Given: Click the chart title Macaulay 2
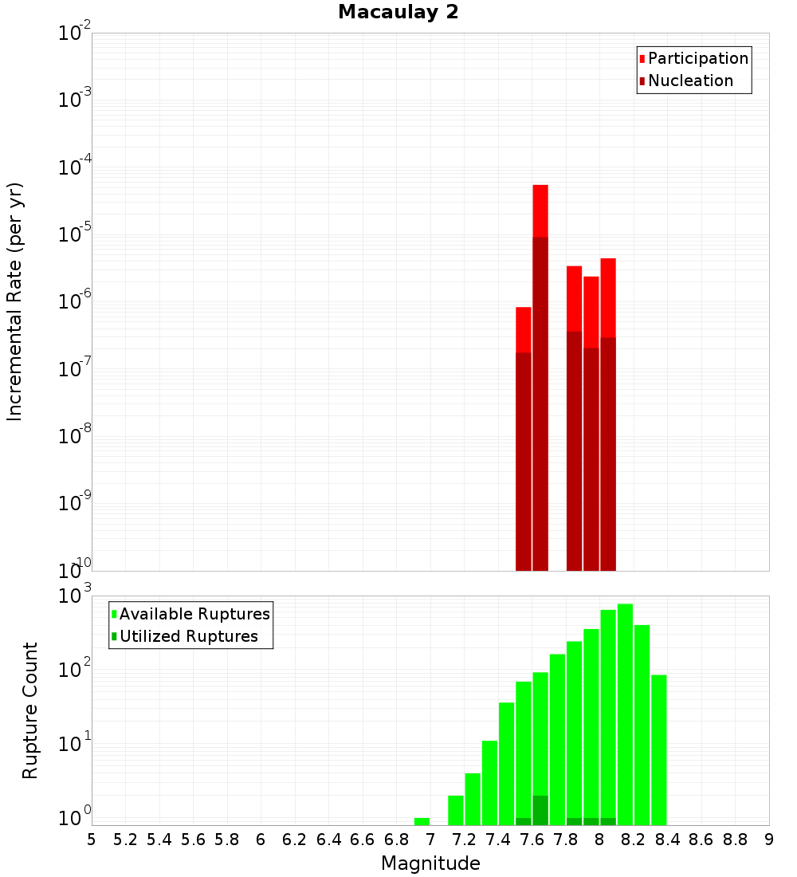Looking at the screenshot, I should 398,12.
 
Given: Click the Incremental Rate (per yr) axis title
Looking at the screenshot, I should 15,302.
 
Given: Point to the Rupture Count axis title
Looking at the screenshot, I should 30,710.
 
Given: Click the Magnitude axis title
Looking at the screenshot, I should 430,863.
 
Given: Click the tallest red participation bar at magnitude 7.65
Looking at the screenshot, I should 540,210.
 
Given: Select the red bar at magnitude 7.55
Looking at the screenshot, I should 524,329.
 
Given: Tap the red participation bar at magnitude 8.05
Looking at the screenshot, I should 608,297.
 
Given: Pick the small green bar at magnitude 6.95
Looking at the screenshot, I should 422,821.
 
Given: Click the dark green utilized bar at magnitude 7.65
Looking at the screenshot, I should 540,810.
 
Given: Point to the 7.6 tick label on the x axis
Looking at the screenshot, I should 532,840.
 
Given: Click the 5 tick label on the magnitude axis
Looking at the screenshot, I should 92,840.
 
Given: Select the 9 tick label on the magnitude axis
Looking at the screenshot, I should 768,840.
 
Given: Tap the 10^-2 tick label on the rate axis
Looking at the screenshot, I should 75,33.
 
